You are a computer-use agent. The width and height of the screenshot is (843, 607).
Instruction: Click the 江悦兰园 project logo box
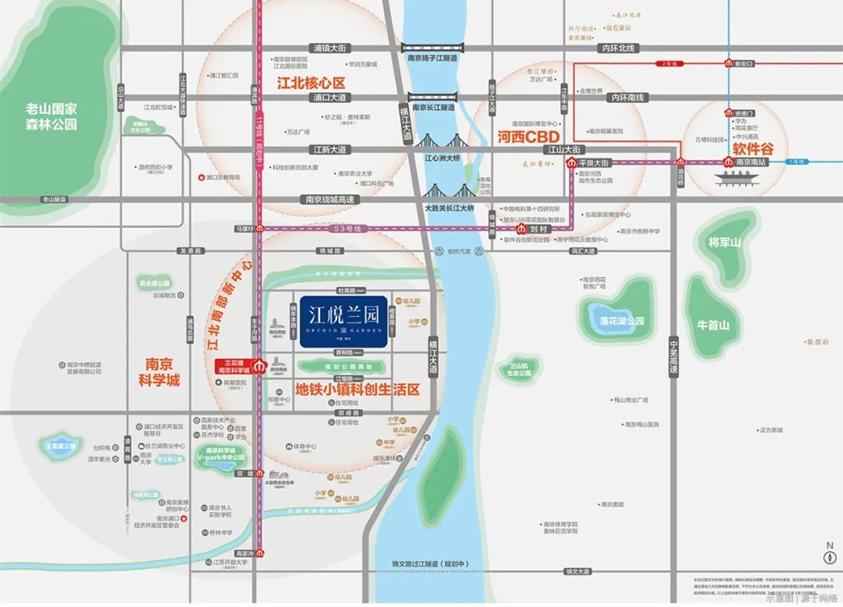coord(344,321)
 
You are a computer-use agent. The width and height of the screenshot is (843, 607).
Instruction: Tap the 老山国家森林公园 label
coord(52,116)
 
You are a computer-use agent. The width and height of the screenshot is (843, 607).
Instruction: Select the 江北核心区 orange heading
coord(311,82)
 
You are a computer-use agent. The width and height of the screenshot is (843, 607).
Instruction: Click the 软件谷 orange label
coord(751,147)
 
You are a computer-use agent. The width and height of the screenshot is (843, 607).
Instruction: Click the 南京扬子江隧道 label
coord(432,57)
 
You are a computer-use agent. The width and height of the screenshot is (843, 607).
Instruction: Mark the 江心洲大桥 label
coord(441,157)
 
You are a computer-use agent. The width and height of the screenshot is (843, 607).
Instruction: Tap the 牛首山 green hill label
coord(713,325)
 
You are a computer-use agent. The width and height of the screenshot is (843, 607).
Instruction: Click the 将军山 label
coord(724,243)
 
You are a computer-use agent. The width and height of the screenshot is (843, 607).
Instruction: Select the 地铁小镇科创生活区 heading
coord(357,388)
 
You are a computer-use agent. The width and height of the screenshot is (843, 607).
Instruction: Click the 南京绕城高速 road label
coord(329,200)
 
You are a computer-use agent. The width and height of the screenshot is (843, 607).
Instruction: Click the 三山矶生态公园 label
coord(520,369)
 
